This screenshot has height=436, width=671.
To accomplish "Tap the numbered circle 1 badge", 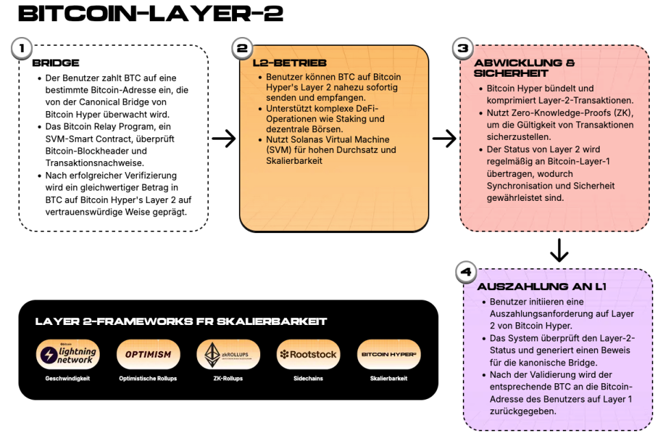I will point(23,49).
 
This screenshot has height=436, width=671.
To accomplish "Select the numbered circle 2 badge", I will point(242,49).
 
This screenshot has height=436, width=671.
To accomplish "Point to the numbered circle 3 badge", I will point(463,49).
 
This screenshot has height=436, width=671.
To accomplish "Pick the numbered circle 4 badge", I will point(466,272).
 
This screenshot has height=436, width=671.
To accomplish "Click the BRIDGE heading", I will point(55,63).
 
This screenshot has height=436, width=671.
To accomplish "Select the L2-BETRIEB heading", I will point(285,63).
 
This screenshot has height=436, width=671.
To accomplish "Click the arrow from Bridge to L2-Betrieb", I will point(224,138).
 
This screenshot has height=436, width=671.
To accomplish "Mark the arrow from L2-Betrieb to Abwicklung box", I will point(445,138).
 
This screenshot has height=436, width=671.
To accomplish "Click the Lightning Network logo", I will point(67,354).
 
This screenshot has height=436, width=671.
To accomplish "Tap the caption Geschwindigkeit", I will point(67,378).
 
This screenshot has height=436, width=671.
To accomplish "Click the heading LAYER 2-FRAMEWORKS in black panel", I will point(181,322).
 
